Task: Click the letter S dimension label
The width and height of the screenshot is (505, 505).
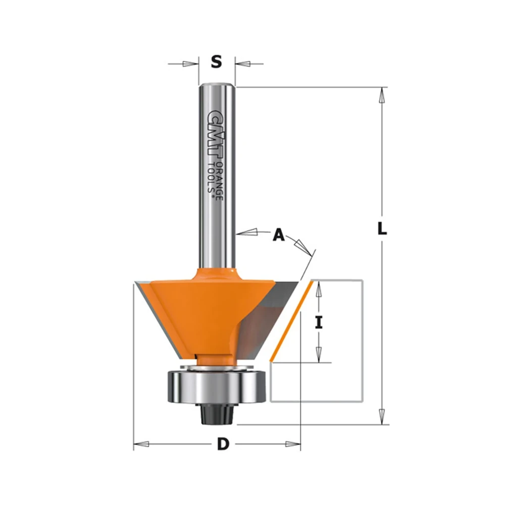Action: point(217,62)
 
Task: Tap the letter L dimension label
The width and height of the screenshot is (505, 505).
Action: point(382,229)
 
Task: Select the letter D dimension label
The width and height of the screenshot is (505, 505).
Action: point(223,444)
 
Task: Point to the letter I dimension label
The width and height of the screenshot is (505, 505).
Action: point(319,322)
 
